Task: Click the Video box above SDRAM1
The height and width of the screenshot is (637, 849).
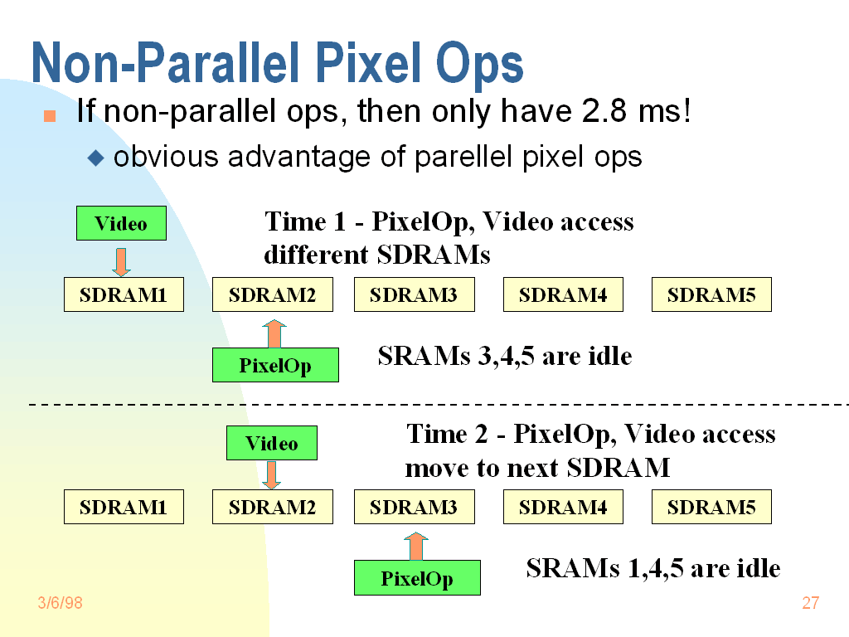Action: [121, 223]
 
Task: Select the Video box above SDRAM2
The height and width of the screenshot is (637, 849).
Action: [272, 443]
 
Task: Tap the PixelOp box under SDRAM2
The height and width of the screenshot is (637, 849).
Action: [275, 365]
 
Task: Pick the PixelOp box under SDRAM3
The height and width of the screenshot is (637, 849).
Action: [418, 578]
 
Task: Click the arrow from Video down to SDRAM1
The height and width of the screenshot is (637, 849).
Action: [121, 262]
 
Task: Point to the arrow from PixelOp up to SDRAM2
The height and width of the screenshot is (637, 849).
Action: [274, 333]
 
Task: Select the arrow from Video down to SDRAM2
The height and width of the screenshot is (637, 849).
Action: [272, 475]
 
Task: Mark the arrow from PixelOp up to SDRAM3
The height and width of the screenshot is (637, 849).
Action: [416, 546]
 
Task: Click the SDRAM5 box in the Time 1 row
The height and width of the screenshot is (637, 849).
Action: [711, 294]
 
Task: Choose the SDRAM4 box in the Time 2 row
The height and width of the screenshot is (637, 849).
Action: [563, 507]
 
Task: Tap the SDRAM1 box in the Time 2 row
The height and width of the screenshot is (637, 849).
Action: [124, 507]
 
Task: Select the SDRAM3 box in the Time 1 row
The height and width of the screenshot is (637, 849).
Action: [415, 294]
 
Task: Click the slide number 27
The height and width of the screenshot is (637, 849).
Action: [811, 603]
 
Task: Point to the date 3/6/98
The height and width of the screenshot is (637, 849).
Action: [60, 603]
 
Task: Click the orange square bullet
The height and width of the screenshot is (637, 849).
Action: [50, 116]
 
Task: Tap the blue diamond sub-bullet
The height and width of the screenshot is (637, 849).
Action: [96, 158]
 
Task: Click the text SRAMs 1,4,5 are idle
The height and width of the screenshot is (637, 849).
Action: [653, 568]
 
